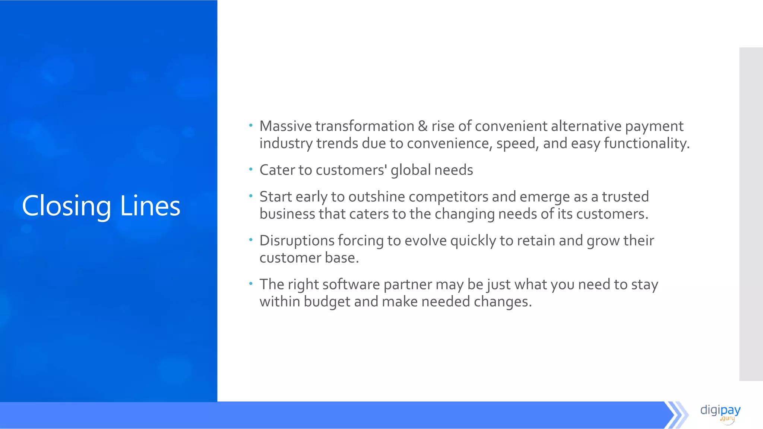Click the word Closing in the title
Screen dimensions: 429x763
click(x=66, y=206)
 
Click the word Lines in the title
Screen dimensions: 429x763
click(x=150, y=206)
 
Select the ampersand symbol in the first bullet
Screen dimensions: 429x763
click(x=422, y=126)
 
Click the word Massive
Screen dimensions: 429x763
click(x=285, y=126)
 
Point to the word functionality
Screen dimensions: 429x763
click(x=646, y=143)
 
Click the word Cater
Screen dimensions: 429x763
click(x=277, y=170)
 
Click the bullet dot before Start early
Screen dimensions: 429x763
click(x=251, y=196)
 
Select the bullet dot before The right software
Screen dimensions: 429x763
click(x=251, y=283)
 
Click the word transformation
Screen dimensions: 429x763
click(x=365, y=126)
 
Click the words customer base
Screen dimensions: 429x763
click(x=309, y=258)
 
